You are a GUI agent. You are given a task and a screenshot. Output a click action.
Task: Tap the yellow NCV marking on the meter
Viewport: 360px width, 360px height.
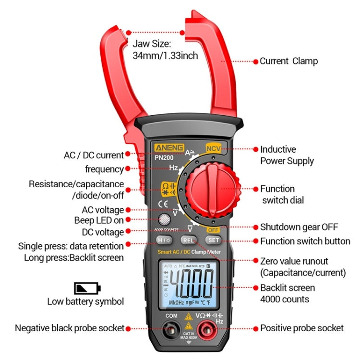(213, 149)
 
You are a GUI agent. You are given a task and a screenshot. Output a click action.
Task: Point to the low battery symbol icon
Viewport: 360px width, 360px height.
(87, 288)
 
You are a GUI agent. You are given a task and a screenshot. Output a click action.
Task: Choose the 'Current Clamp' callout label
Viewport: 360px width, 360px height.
(288, 61)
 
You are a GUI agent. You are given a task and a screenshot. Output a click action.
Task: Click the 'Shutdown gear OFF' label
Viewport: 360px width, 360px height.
(299, 227)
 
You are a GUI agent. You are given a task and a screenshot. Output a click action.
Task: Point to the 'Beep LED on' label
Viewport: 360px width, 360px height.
(98, 220)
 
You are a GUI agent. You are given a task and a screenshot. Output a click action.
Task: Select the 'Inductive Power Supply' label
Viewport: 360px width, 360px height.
(287, 155)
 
